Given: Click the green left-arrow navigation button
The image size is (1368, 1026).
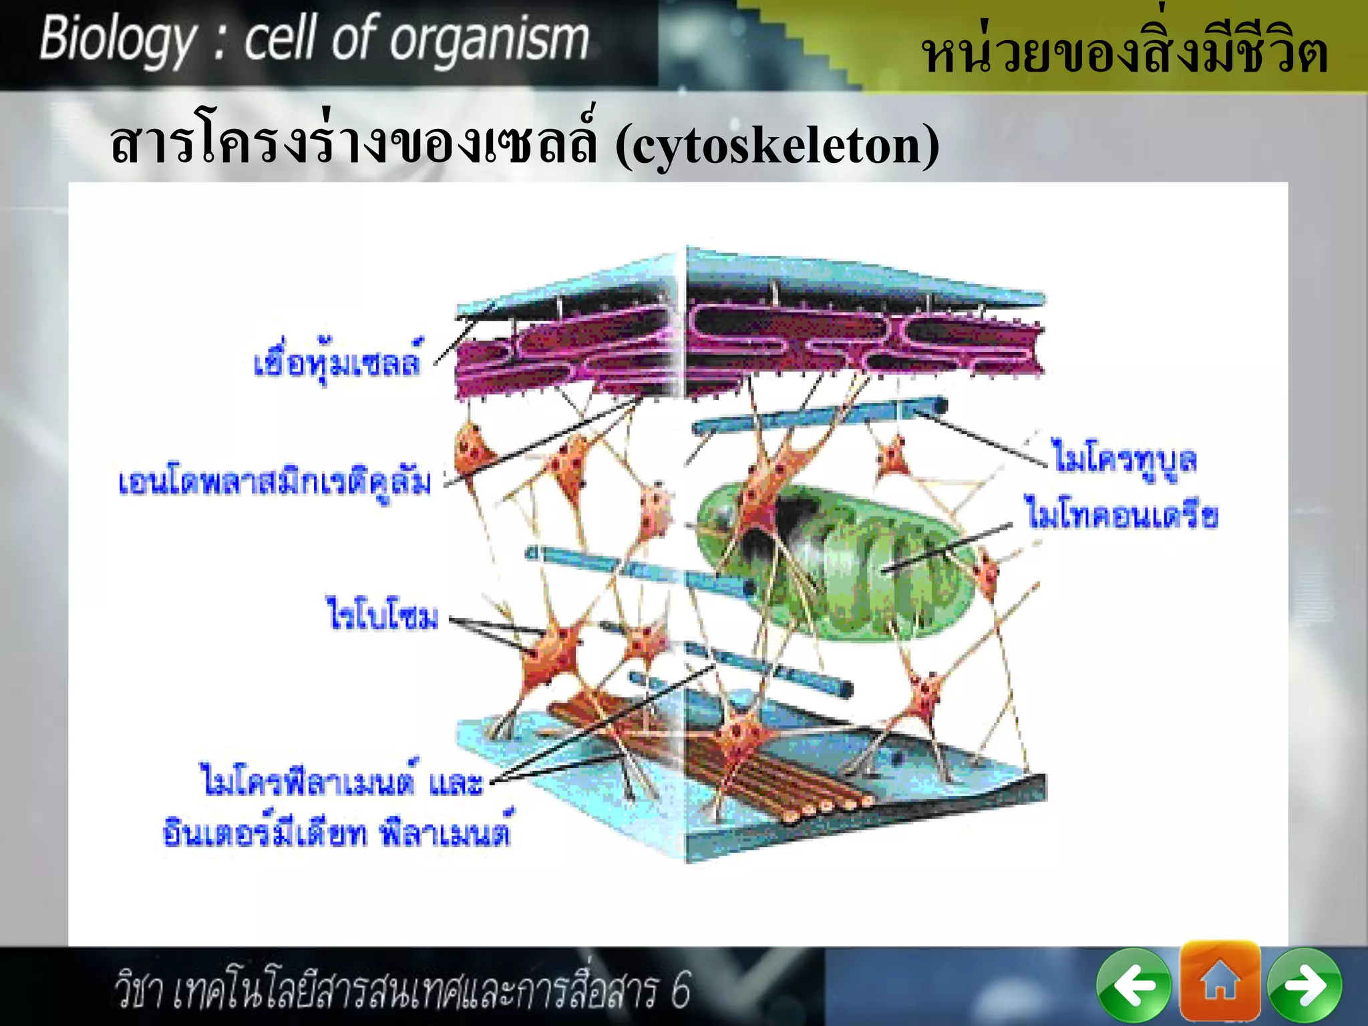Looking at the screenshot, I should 1134,985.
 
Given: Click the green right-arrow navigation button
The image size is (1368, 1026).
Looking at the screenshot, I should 1305,985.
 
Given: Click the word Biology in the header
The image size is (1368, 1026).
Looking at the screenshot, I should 118,40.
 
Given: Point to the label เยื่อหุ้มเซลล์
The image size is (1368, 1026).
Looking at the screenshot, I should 337,363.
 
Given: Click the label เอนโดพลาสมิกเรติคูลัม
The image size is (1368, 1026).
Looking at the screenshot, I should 275,483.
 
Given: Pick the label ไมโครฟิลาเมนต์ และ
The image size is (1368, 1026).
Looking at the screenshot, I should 341,782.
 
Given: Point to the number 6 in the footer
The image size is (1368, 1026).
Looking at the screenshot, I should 680,990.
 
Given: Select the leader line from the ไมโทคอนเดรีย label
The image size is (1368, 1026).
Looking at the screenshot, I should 949,548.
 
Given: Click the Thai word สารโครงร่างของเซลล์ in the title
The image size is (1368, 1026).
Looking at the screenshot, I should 354,145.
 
